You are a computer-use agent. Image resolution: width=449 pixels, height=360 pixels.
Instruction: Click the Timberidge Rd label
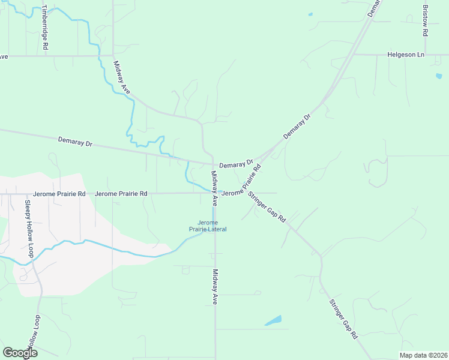pos(44,28)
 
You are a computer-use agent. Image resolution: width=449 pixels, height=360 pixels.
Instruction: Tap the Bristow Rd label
pos(425,22)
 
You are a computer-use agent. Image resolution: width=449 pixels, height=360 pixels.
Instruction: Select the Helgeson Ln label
pos(406,55)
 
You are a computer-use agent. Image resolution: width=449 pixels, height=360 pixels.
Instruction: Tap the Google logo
pos(20,353)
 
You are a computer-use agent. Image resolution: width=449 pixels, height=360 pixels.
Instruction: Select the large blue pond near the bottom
pos(273,320)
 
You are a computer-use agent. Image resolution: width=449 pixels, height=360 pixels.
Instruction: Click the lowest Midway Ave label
pos(214,287)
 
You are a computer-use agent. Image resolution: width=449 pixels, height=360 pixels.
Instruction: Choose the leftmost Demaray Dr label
pos(75,142)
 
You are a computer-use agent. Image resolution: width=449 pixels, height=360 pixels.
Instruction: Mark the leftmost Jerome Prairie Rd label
pos(59,194)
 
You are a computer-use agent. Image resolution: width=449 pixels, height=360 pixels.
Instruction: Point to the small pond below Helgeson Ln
pos(439,76)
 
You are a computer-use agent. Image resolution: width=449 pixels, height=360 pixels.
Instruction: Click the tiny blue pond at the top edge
pos(310,14)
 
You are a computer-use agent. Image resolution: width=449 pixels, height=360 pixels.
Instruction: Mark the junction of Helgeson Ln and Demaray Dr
pos(352,55)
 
